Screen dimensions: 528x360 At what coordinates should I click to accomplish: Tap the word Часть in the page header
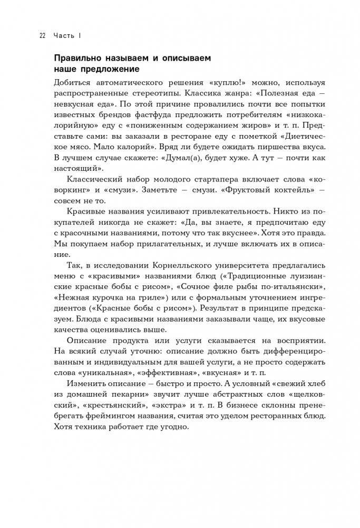click(x=64, y=36)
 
